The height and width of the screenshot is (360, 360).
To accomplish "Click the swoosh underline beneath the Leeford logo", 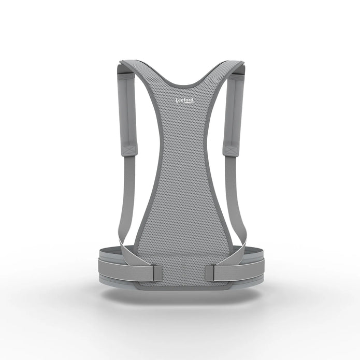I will pos(186,107).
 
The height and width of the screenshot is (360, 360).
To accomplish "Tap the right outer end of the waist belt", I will pos(261,262).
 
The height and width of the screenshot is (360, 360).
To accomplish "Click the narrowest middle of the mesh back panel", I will pos(180,171).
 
